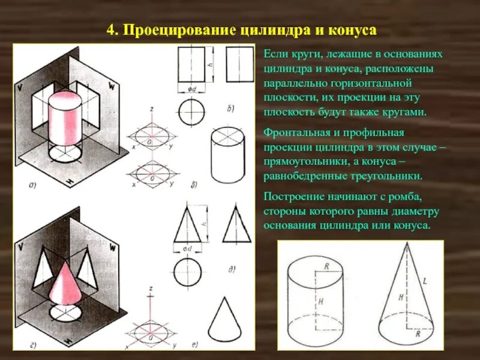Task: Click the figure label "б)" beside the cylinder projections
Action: tap(230, 109)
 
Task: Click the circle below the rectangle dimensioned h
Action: tap(191, 111)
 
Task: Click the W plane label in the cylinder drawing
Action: tap(111, 86)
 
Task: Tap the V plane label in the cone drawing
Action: tap(22, 247)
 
